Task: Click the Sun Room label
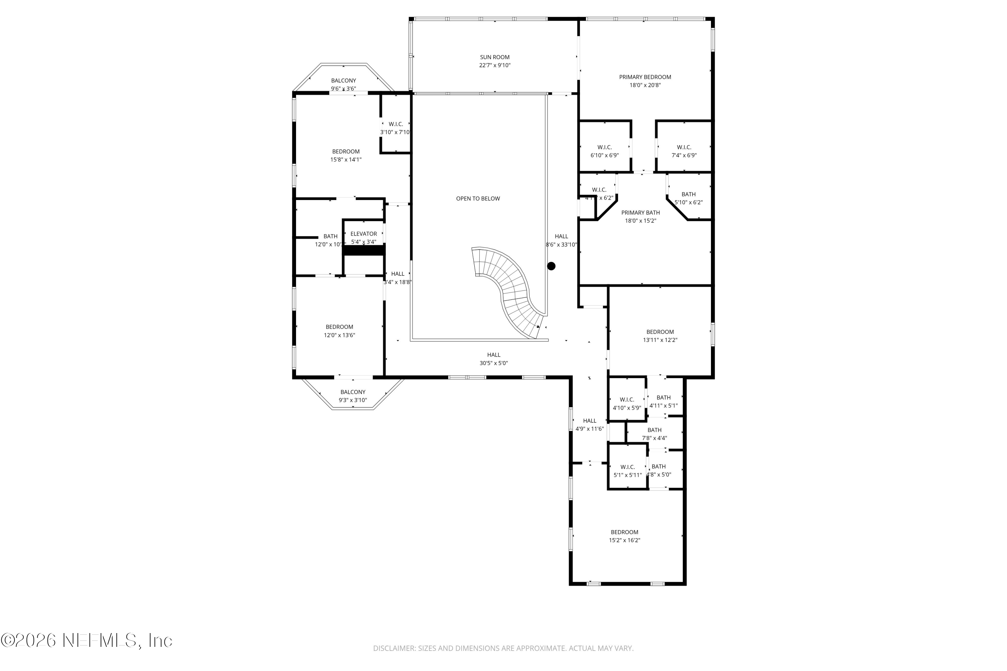point(494,57)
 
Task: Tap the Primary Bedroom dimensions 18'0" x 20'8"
point(645,85)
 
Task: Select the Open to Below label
point(478,199)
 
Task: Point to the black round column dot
point(552,266)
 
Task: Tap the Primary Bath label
point(640,213)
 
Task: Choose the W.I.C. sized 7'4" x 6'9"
point(684,151)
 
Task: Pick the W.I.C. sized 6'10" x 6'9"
point(605,151)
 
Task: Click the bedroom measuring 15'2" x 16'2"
point(624,536)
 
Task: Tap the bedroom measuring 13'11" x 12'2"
point(660,336)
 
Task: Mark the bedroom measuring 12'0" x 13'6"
point(339,331)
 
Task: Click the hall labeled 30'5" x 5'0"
point(494,359)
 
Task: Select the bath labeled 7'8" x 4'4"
point(654,434)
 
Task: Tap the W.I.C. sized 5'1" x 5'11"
point(627,471)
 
